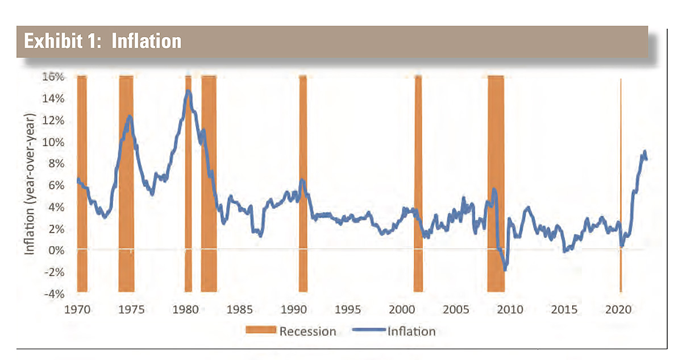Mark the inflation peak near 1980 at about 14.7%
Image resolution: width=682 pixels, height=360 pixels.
(188, 91)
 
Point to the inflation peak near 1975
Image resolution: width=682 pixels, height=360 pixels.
(130, 117)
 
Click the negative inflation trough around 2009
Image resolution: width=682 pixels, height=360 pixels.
(505, 269)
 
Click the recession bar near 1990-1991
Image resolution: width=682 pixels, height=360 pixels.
(303, 142)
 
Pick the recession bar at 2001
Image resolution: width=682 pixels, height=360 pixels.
(418, 142)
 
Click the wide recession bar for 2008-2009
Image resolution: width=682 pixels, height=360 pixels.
(496, 142)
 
